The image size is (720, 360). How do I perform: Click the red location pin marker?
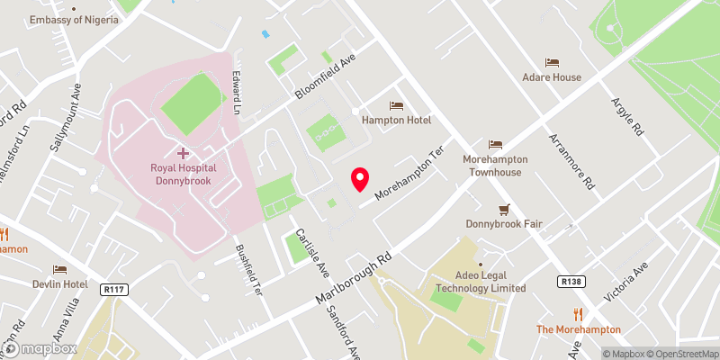pos(361,179)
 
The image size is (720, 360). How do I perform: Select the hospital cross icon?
pos(183,154)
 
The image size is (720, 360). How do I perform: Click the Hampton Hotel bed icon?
pos(397,106)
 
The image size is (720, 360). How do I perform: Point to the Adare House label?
pos(552,77)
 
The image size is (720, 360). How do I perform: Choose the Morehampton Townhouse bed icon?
pos(494,145)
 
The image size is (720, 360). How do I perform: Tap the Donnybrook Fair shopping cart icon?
pos(504,209)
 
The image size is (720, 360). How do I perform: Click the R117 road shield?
pos(112,289)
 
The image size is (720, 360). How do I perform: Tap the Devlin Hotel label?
pos(59,283)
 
